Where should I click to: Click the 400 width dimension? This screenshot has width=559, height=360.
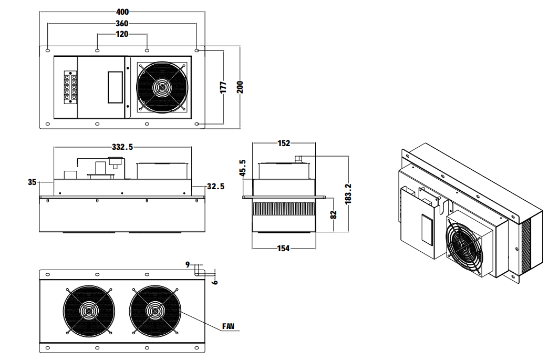coord(122,12)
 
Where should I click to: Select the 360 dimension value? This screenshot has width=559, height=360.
coord(122,24)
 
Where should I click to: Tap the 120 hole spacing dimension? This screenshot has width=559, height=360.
coord(122,35)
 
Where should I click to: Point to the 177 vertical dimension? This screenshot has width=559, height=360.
coord(223,87)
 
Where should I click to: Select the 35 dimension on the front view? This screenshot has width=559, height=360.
coord(33,182)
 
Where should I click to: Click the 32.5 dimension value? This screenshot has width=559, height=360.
coord(215,186)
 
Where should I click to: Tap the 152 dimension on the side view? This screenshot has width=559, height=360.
coord(284,143)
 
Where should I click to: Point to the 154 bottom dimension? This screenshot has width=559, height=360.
coord(284,249)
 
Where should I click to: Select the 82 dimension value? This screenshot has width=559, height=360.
coord(333,214)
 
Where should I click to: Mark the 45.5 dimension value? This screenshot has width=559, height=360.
coord(242,169)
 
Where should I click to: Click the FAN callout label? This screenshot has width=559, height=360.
coord(228,326)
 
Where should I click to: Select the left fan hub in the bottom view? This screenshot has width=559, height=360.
coord(88,311)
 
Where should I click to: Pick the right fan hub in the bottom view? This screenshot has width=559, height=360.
coord(154,311)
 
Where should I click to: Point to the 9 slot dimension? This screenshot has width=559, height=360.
coord(188,265)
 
